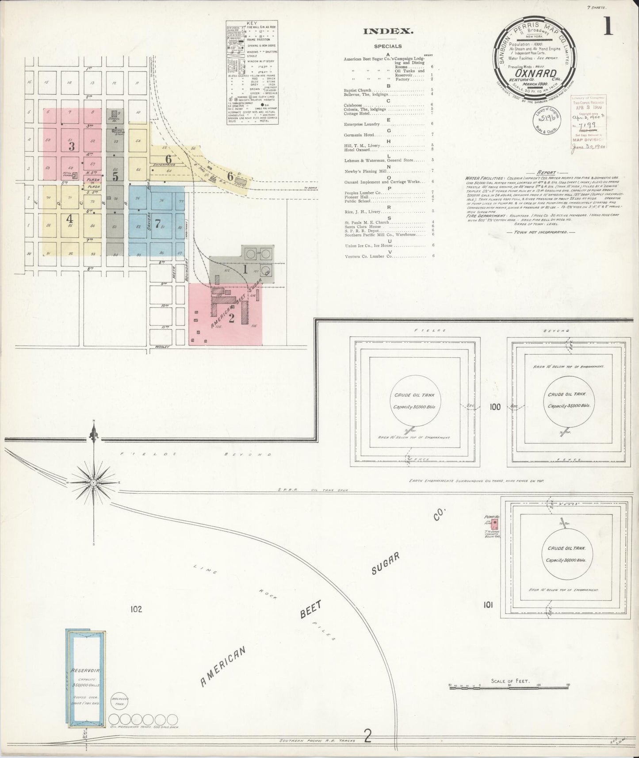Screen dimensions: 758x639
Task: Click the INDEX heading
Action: [388, 31]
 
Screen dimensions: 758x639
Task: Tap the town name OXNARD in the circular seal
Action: [534, 73]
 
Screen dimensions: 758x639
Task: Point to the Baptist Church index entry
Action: [357, 90]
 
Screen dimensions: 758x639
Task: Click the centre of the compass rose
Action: [94, 483]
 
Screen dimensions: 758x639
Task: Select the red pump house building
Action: [496, 524]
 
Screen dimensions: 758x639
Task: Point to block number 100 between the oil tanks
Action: [495, 406]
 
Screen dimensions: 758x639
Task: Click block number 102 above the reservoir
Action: [135, 609]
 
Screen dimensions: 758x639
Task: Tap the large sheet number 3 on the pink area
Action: [71, 145]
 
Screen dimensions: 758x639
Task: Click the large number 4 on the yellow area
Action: [69, 218]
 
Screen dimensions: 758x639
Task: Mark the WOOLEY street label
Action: [163, 347]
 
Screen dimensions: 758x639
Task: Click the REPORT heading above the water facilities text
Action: [547, 172]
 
